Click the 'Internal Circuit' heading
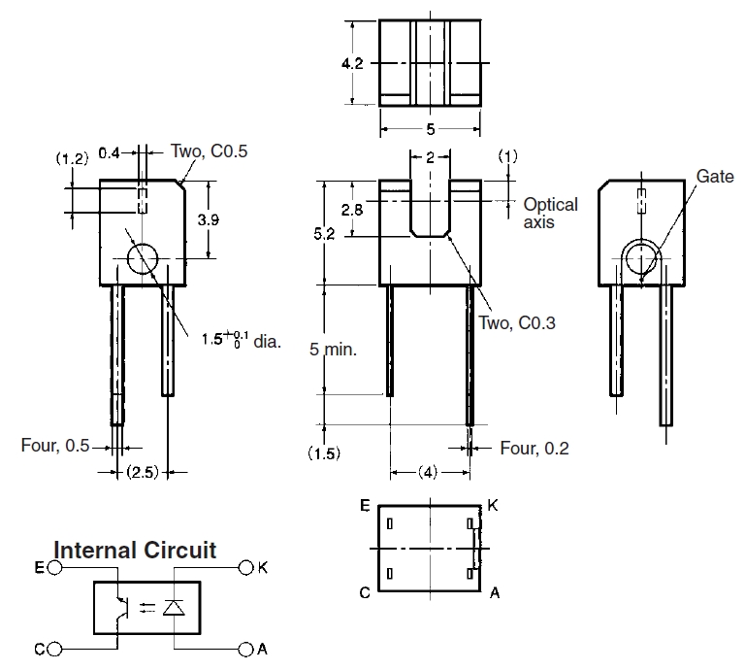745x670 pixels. point(135,550)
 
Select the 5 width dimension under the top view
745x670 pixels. point(430,128)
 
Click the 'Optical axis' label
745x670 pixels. point(550,213)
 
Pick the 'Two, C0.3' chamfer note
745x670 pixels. point(517,324)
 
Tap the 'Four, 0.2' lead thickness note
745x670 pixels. point(534,448)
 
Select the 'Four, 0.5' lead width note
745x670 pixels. point(55,446)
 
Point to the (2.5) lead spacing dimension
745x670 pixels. point(143,472)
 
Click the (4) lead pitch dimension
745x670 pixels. point(430,473)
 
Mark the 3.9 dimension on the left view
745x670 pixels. point(208,219)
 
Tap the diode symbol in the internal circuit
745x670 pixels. point(174,608)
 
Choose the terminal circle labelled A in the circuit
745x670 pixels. point(243,648)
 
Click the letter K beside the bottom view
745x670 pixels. point(493,506)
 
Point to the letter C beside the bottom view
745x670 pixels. point(364,591)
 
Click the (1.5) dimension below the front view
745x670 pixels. point(323,453)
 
